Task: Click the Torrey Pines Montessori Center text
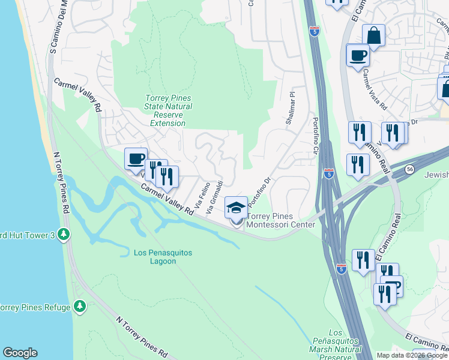pyautogui.click(x=280, y=220)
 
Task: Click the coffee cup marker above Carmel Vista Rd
pyautogui.click(x=358, y=55)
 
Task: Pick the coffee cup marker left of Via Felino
pyautogui.click(x=136, y=158)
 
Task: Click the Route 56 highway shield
pyautogui.click(x=409, y=170)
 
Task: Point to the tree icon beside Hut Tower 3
pyautogui.click(x=63, y=234)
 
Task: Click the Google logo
pyautogui.click(x=20, y=353)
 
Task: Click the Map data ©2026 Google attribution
pyautogui.click(x=412, y=355)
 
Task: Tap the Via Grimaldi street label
pyautogui.click(x=215, y=197)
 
